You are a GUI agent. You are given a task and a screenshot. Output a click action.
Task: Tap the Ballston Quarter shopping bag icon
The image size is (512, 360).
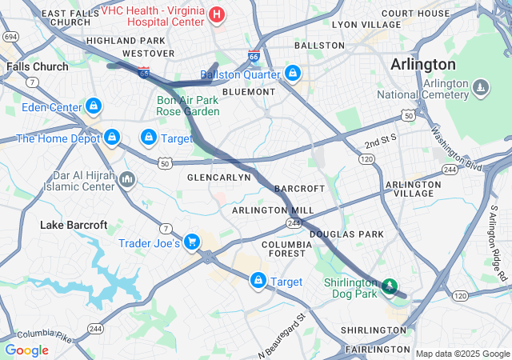(293, 74)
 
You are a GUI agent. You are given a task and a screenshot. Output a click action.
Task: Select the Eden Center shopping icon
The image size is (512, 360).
(94, 106)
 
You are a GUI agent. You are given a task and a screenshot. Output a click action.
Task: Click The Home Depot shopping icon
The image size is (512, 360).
(112, 138)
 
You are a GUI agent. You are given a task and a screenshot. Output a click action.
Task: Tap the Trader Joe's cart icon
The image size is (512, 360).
(191, 241)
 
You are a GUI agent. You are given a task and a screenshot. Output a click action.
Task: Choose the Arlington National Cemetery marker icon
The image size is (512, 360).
(480, 86)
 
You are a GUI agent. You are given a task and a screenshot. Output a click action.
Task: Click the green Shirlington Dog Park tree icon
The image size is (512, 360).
(390, 285)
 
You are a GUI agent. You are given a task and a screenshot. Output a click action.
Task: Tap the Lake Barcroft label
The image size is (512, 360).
(74, 225)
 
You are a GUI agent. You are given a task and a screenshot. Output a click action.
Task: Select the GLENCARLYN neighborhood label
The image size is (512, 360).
(219, 177)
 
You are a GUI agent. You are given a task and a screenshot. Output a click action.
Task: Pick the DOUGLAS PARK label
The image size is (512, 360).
(346, 234)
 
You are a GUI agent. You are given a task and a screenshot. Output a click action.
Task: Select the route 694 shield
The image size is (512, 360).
(10, 37)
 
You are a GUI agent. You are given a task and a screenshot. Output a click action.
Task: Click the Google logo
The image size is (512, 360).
(26, 350)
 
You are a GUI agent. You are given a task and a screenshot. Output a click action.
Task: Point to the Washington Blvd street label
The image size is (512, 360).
(457, 148)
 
